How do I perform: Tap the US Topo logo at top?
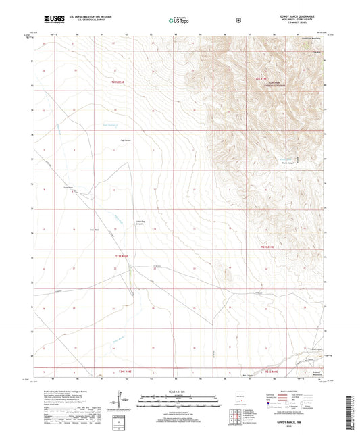[178, 21]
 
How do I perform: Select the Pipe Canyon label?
[106, 140]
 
